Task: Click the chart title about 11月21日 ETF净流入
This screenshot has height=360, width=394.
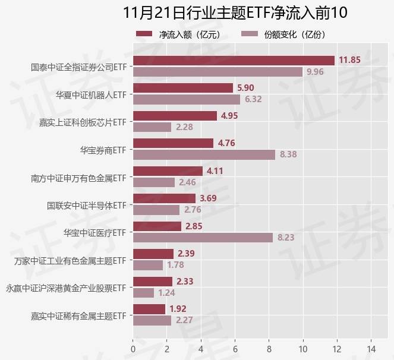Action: click(x=235, y=12)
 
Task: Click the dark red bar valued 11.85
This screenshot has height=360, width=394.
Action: click(x=234, y=60)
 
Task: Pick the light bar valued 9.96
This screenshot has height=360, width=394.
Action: click(x=218, y=72)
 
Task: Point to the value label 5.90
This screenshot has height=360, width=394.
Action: click(x=245, y=88)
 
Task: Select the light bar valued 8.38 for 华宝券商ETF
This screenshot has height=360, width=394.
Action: click(x=204, y=154)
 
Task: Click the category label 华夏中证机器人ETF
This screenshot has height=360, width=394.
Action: click(x=91, y=94)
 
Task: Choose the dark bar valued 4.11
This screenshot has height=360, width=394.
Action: click(x=168, y=170)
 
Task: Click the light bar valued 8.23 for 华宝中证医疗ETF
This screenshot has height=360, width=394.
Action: click(x=203, y=237)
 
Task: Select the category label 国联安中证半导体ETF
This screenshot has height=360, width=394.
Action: click(x=87, y=205)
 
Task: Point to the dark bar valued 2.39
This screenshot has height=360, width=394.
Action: click(x=153, y=254)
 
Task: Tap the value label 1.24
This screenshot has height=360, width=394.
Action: click(x=167, y=293)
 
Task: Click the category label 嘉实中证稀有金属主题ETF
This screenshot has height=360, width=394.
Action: click(x=80, y=315)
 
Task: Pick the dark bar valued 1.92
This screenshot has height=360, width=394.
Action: click(x=149, y=309)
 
